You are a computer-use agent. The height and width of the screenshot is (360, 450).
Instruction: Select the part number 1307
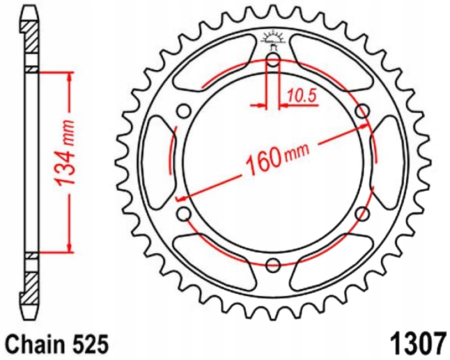tap(419, 342)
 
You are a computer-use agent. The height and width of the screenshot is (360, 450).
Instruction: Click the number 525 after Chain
tap(89, 343)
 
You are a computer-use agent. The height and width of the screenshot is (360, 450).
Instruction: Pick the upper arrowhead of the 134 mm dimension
tap(70, 78)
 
